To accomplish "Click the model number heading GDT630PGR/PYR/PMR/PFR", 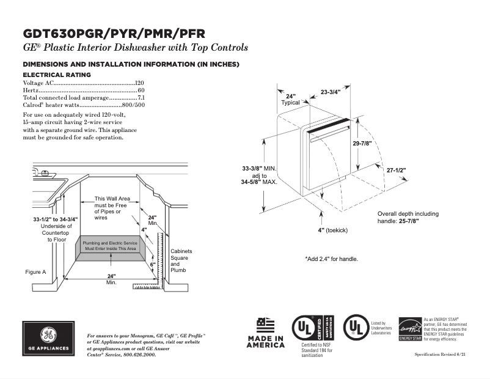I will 114,34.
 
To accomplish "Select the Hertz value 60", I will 141,90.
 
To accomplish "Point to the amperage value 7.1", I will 141,98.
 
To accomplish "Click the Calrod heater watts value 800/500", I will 133,105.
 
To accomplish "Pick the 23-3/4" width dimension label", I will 331,92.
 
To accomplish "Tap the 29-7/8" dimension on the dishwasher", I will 362,142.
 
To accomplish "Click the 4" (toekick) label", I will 332,230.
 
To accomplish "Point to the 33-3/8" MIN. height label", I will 259,168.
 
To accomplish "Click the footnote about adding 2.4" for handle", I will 331,259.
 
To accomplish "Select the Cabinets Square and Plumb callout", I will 181,260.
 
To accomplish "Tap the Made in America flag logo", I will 266,333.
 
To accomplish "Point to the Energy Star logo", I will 410,329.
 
